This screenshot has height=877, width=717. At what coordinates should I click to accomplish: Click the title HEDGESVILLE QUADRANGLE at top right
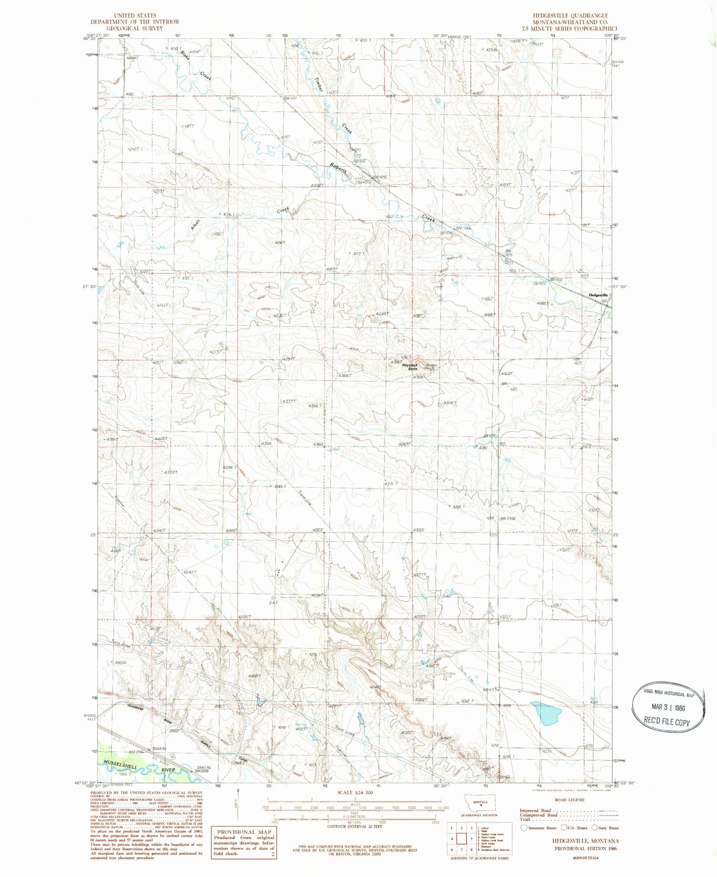[x=568, y=16]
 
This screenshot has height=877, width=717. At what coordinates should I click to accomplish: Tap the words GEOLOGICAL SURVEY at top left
[x=128, y=28]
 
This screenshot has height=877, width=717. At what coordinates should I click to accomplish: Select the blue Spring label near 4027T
[x=287, y=724]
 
